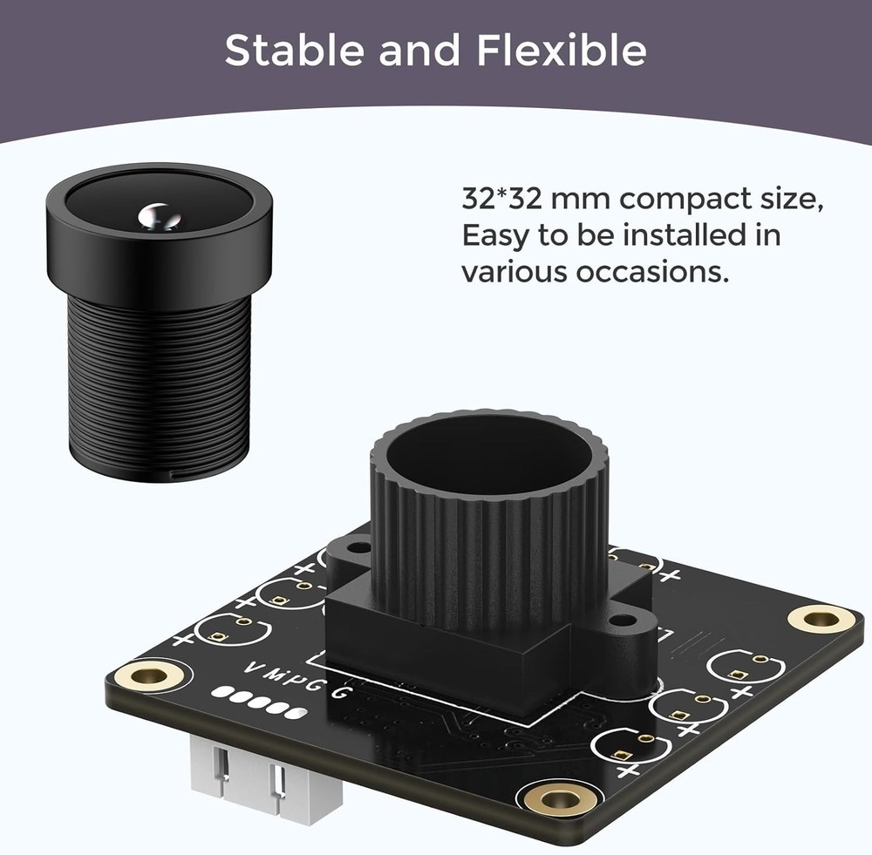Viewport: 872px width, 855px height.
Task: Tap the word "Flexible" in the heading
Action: (562, 51)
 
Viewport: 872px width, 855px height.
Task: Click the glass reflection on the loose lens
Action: (158, 214)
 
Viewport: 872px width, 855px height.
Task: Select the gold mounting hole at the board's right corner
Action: (821, 619)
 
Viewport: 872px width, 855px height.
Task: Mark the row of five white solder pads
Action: (260, 702)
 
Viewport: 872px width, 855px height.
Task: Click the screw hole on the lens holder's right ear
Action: (622, 621)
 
